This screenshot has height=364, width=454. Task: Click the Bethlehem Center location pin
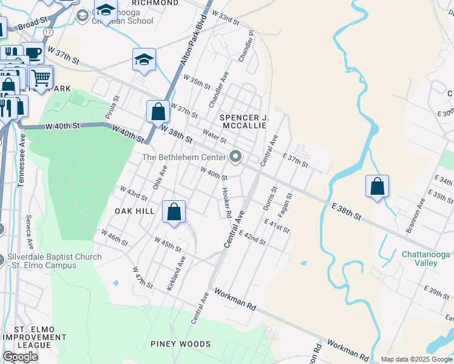[235, 157]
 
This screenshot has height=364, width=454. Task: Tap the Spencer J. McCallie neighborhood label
[243, 121]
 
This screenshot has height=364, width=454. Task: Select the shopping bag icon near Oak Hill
[174, 212]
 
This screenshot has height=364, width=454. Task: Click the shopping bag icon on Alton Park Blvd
[158, 112]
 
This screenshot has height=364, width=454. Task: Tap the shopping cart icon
[41, 77]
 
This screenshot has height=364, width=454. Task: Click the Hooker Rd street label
[225, 203]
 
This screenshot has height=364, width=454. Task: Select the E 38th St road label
[347, 212]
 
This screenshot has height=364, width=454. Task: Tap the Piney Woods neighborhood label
[181, 344]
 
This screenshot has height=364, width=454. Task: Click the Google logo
[20, 357]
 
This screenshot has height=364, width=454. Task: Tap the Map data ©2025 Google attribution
[417, 359]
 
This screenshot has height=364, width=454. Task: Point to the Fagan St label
[285, 206]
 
